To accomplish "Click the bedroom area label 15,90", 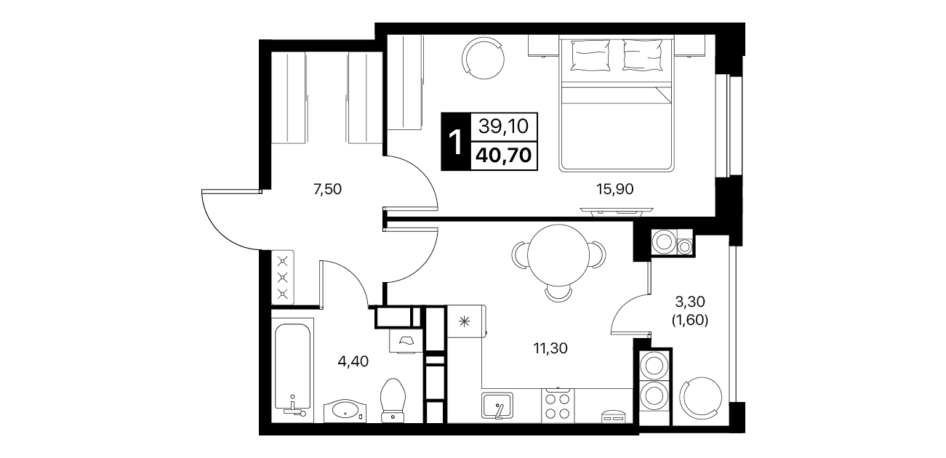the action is pyautogui.click(x=614, y=189).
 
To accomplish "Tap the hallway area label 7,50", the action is pyautogui.click(x=327, y=189).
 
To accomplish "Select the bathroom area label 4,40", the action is pyautogui.click(x=353, y=361).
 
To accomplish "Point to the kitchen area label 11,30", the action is pyautogui.click(x=550, y=348).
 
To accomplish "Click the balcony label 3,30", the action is pyautogui.click(x=690, y=302).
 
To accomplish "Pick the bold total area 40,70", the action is pyautogui.click(x=503, y=156).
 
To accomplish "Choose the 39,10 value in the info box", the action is pyautogui.click(x=503, y=126).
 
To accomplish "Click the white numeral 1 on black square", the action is pyautogui.click(x=455, y=142).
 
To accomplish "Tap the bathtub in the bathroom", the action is pyautogui.click(x=292, y=370).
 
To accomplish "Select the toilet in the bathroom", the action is pyautogui.click(x=393, y=400).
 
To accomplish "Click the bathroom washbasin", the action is pyautogui.click(x=345, y=410).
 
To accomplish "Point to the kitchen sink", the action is pyautogui.click(x=497, y=406).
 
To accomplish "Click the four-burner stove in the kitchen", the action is pyautogui.click(x=558, y=406).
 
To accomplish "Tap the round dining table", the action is pyautogui.click(x=558, y=255).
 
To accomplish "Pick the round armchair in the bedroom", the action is pyautogui.click(x=483, y=58).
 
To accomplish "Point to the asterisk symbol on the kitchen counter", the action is pyautogui.click(x=464, y=323).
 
